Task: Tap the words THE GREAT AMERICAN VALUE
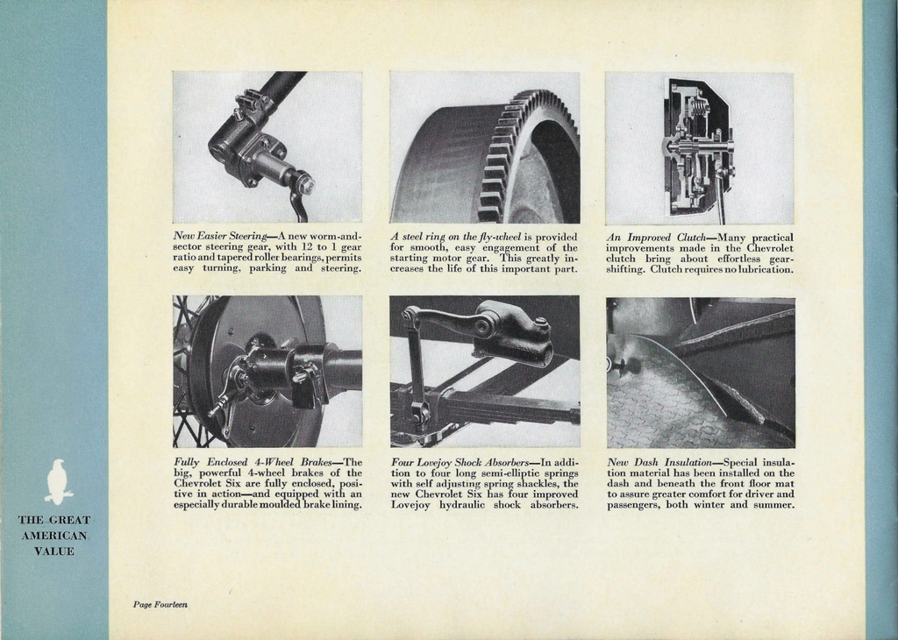(54, 536)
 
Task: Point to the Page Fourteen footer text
(160, 604)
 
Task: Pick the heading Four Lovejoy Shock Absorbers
(460, 462)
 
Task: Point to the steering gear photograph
(267, 146)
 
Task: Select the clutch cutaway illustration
(698, 146)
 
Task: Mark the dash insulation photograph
(700, 372)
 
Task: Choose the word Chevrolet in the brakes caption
(201, 483)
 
